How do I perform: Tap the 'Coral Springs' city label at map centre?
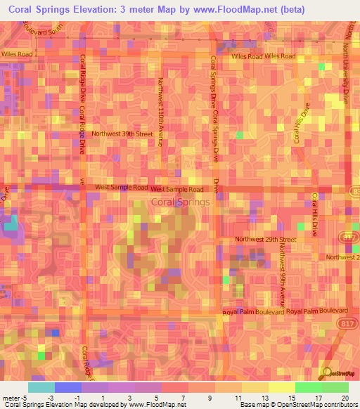point(180,202)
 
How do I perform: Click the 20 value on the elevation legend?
point(345,398)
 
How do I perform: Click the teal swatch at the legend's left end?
point(41,387)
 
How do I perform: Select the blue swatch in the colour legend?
point(68,387)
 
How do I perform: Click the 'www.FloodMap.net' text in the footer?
point(157,405)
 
